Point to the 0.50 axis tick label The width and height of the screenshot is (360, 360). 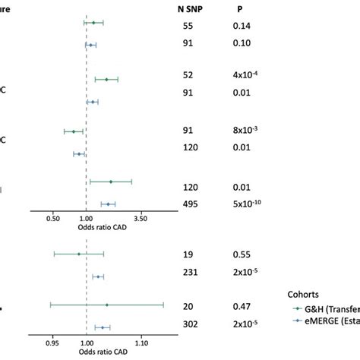point(53,218)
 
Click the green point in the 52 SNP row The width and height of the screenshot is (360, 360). point(107,79)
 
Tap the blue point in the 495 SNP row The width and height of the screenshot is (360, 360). point(109,204)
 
